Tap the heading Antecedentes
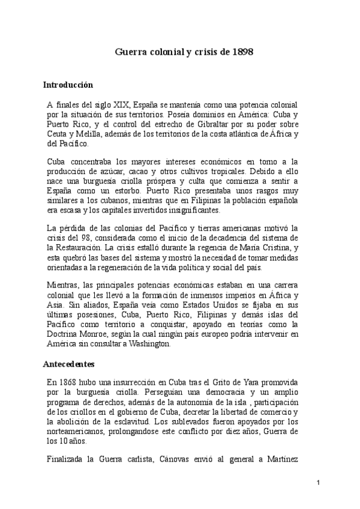point(68,364)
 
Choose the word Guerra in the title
point(130,52)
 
